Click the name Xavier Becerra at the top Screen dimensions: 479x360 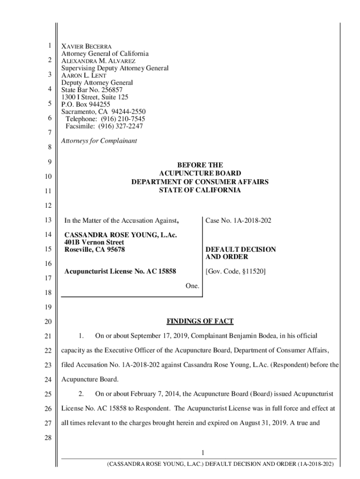click(x=86, y=47)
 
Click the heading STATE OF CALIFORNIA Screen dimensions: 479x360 click(x=200, y=190)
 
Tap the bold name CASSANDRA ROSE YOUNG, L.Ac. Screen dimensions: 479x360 click(x=121, y=235)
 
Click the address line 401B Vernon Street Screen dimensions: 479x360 click(x=94, y=242)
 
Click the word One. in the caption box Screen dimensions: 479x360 click(x=192, y=285)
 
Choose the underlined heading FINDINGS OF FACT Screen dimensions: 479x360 click(x=200, y=321)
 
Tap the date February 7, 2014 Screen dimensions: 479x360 click(x=154, y=394)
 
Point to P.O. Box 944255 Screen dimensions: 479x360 click(x=86, y=104)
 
